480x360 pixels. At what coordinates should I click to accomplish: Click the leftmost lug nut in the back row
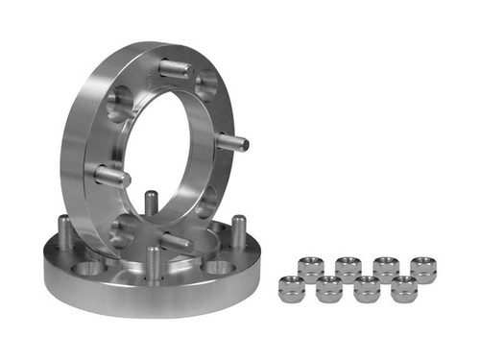[x=309, y=268]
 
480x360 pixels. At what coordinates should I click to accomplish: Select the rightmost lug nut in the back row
[x=423, y=269]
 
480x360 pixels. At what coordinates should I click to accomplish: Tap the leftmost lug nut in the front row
[x=291, y=287]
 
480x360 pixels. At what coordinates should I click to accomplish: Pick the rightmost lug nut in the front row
[x=404, y=288]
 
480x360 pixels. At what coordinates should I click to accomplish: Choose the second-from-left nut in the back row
[x=348, y=268]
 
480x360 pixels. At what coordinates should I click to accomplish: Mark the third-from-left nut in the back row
[x=386, y=268]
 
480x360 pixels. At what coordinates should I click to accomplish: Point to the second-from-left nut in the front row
[x=328, y=288]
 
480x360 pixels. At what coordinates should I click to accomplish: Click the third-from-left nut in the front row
[x=366, y=288]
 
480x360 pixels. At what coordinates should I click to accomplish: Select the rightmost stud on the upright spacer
[x=233, y=143]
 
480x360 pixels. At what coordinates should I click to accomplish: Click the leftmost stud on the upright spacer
[x=110, y=176]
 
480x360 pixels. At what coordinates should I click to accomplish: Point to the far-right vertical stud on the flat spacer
[x=237, y=233]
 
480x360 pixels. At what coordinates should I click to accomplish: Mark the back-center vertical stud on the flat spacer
[x=151, y=203]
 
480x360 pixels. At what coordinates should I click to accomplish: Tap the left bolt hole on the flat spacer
[x=89, y=269]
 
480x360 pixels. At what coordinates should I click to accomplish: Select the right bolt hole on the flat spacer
[x=220, y=268]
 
